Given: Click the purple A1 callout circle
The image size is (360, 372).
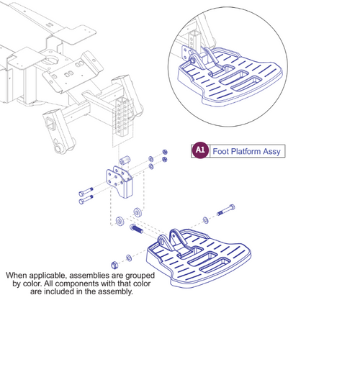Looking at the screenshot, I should pyautogui.click(x=200, y=150).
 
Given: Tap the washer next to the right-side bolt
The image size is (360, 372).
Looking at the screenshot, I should pyautogui.click(x=204, y=218).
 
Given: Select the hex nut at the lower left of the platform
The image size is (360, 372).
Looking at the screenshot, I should pyautogui.click(x=114, y=263).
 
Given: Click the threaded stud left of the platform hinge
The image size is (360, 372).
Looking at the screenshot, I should pyautogui.click(x=137, y=231).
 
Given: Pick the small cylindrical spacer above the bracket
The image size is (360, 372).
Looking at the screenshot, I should pyautogui.click(x=124, y=156).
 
